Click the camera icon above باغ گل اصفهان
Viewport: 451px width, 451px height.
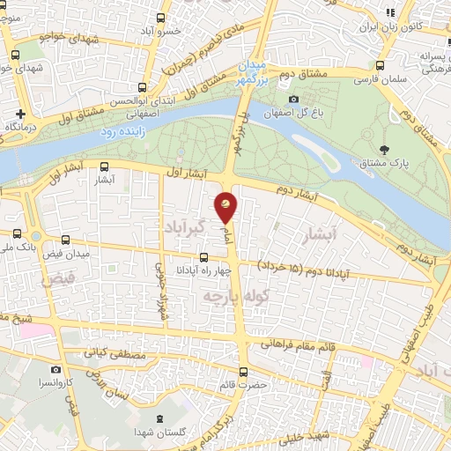[293, 99]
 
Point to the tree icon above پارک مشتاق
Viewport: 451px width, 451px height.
[382, 149]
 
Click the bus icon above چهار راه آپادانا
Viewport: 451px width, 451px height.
[204, 257]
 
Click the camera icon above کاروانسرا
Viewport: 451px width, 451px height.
[57, 370]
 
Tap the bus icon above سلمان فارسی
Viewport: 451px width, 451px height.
[380, 65]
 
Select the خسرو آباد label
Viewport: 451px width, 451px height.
[189, 31]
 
